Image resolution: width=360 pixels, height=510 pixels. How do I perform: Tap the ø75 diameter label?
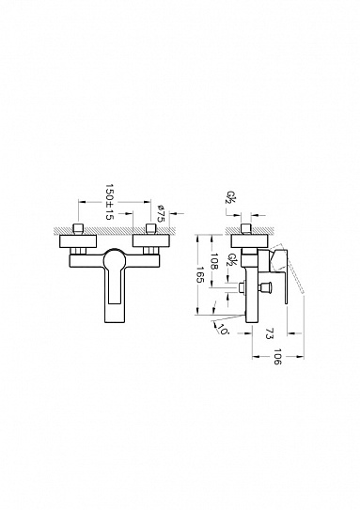(x=161, y=213)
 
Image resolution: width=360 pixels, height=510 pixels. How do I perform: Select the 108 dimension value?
(x=214, y=261)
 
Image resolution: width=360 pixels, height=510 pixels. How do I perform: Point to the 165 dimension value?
(x=200, y=275)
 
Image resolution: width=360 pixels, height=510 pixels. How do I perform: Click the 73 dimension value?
(x=269, y=333)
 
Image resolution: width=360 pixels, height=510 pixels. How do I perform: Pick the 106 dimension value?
(x=276, y=357)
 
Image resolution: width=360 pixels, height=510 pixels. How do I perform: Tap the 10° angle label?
(x=224, y=330)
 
